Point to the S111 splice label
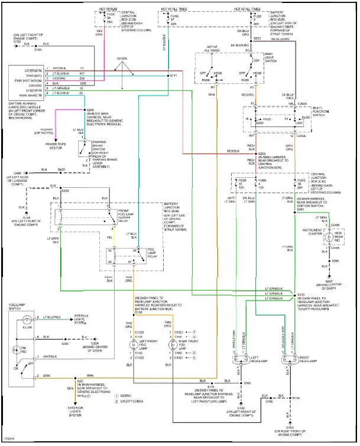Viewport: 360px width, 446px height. (x=173, y=76)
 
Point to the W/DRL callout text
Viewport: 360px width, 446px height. (x=122, y=58)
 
